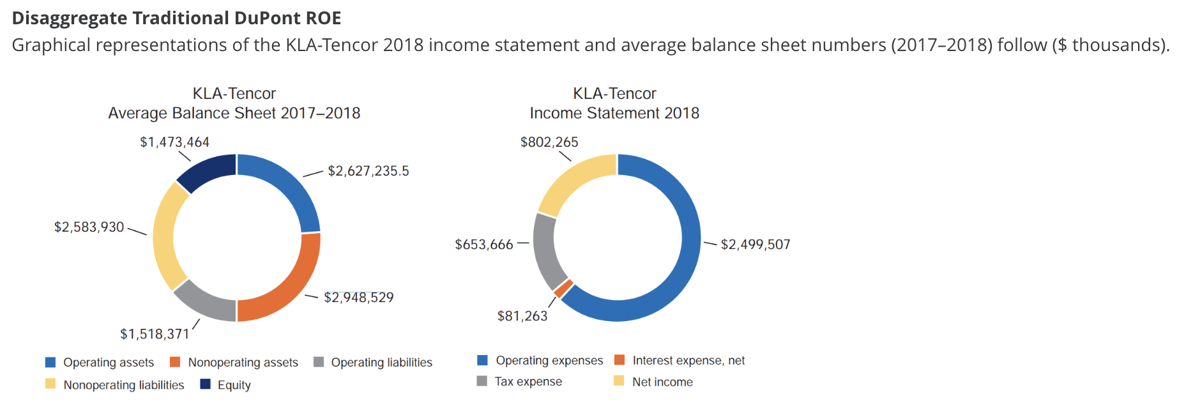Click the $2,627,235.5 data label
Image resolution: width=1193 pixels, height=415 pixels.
(368, 171)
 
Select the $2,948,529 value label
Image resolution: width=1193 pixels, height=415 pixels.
(358, 298)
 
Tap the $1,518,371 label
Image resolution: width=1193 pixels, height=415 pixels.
(155, 334)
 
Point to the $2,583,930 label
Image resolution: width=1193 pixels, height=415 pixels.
(89, 227)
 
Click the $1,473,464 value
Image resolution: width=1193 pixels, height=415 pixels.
(174, 142)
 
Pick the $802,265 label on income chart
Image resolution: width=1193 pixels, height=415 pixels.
(549, 142)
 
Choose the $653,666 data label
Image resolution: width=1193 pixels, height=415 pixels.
(483, 245)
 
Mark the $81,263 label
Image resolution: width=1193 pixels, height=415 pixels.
(522, 316)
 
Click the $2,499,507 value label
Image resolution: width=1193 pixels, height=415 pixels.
(756, 245)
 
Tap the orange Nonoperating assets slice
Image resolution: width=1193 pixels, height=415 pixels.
(284, 281)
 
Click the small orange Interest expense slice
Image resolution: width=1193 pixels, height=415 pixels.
(563, 289)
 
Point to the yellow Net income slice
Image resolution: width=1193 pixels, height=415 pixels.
(574, 181)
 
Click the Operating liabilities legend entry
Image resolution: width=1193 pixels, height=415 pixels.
(381, 363)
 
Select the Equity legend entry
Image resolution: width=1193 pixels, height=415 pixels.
(234, 385)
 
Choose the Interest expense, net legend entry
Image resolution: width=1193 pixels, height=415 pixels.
(688, 361)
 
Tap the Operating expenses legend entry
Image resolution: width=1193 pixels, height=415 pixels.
(549, 361)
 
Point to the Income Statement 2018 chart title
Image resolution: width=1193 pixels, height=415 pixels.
(614, 113)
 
